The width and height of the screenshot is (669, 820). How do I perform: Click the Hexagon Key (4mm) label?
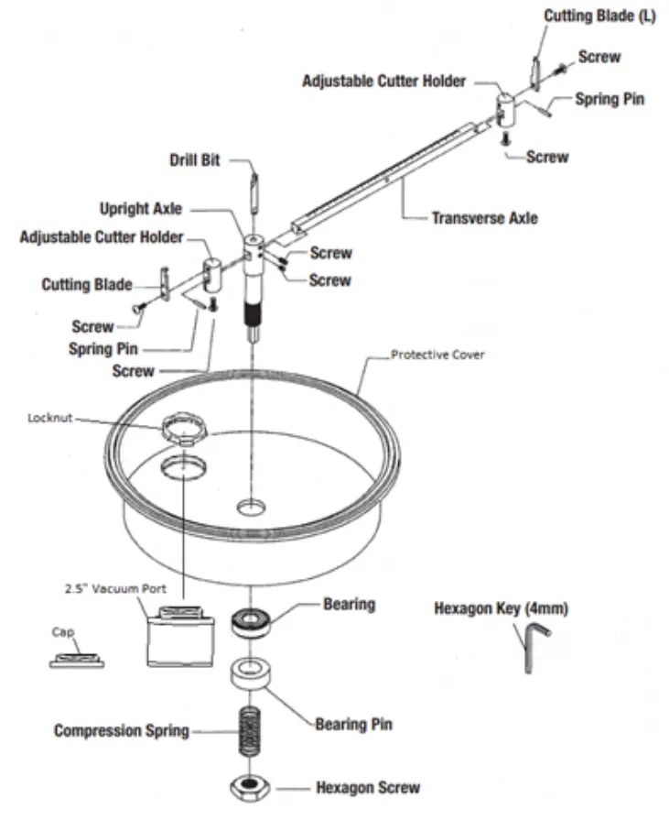tap(501, 608)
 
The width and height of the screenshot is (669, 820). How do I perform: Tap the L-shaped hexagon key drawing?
tap(531, 645)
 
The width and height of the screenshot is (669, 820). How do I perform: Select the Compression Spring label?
tap(122, 730)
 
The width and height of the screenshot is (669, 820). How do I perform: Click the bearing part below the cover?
tap(251, 622)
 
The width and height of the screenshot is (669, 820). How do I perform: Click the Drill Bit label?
tap(195, 160)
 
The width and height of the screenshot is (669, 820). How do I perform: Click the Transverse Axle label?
tap(484, 218)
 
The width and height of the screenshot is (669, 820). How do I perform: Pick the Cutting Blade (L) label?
tap(599, 16)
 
